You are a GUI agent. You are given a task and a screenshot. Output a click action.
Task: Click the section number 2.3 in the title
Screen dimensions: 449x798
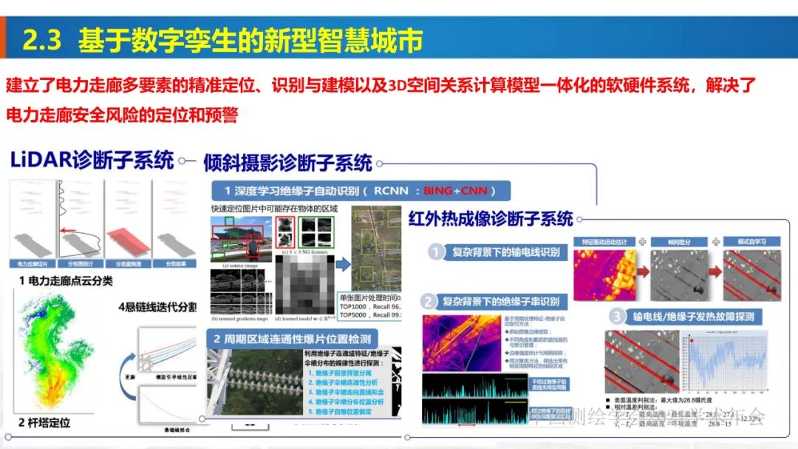[41, 41]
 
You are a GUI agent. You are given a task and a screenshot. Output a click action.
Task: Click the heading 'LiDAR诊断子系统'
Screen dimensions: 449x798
[92, 160]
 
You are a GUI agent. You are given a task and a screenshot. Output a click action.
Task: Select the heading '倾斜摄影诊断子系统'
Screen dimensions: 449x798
[287, 163]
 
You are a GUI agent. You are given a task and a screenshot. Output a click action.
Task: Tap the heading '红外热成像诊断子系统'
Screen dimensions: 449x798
[491, 218]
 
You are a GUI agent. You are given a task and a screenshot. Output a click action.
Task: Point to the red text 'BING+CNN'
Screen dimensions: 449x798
[455, 191]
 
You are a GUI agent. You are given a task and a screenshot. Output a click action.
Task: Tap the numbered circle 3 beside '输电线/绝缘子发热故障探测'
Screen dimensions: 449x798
[618, 317]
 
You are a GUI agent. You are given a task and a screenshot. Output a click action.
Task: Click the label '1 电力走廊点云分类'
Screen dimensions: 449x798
[67, 281]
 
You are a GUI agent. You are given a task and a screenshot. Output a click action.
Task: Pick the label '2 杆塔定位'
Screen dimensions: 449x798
[45, 422]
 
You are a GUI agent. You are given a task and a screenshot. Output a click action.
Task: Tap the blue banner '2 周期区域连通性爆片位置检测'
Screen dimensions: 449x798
[301, 339]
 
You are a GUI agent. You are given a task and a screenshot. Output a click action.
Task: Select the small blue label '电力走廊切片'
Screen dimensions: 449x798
[33, 263]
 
